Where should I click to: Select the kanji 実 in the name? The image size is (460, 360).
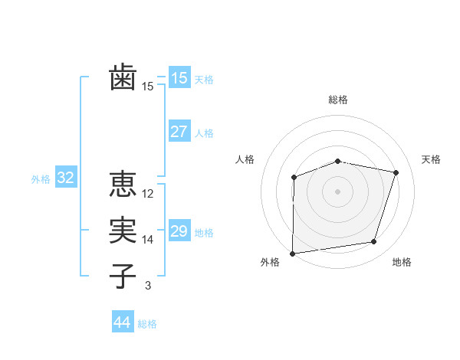coord(123,230)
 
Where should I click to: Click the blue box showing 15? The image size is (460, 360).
coord(179,77)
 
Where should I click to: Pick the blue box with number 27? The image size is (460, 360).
coord(179,131)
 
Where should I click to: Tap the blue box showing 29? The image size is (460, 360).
coord(179,231)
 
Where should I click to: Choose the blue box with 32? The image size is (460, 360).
coord(66,178)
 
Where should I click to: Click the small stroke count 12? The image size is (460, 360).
coord(149,194)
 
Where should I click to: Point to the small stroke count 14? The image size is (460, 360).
coord(149,240)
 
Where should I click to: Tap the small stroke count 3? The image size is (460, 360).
coord(148,286)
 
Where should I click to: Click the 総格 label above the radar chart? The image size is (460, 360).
coord(338,100)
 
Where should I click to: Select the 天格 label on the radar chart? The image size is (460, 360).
coord(432,159)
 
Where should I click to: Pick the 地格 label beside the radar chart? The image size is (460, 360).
coord(402,262)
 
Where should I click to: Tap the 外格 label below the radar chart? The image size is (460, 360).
coord(270,262)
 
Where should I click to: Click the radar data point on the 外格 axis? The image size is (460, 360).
coord(292,254)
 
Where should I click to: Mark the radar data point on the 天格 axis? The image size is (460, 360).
coord(396,172)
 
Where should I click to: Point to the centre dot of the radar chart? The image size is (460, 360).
coord(337,191)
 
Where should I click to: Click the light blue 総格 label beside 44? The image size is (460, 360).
coord(147,324)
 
